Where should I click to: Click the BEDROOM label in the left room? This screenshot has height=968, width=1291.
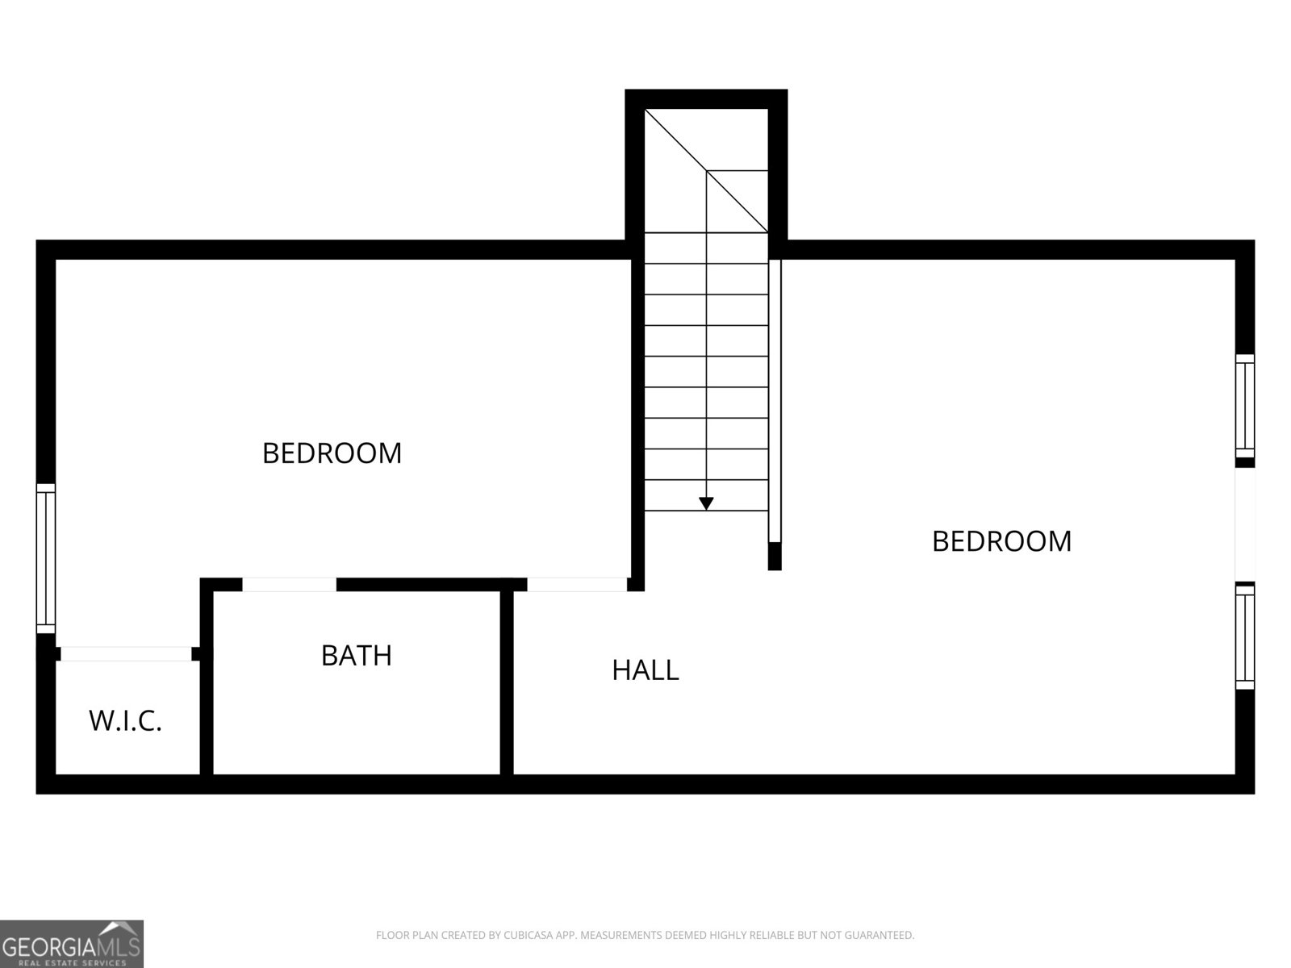click(332, 453)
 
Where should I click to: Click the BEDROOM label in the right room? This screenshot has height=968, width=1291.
click(1001, 541)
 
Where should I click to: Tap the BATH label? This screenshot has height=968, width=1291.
click(357, 655)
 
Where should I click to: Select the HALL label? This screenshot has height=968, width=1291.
click(645, 670)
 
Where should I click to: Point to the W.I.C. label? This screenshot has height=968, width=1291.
click(125, 720)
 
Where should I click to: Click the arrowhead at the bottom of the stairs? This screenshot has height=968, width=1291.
click(706, 503)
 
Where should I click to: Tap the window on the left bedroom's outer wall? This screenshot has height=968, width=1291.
click(46, 558)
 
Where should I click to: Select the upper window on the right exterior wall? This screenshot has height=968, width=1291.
click(1244, 406)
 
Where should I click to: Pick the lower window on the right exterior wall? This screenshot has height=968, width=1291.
click(1244, 636)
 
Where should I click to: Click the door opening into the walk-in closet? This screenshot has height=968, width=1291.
click(127, 653)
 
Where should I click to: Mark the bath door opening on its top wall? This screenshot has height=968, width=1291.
click(290, 584)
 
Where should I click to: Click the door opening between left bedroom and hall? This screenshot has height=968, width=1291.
click(577, 584)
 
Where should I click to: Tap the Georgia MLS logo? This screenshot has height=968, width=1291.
click(72, 944)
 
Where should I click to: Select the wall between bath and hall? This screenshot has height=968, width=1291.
click(507, 682)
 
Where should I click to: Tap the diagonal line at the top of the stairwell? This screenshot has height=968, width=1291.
click(706, 171)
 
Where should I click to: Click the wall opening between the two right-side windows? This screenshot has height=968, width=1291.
click(1244, 524)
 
